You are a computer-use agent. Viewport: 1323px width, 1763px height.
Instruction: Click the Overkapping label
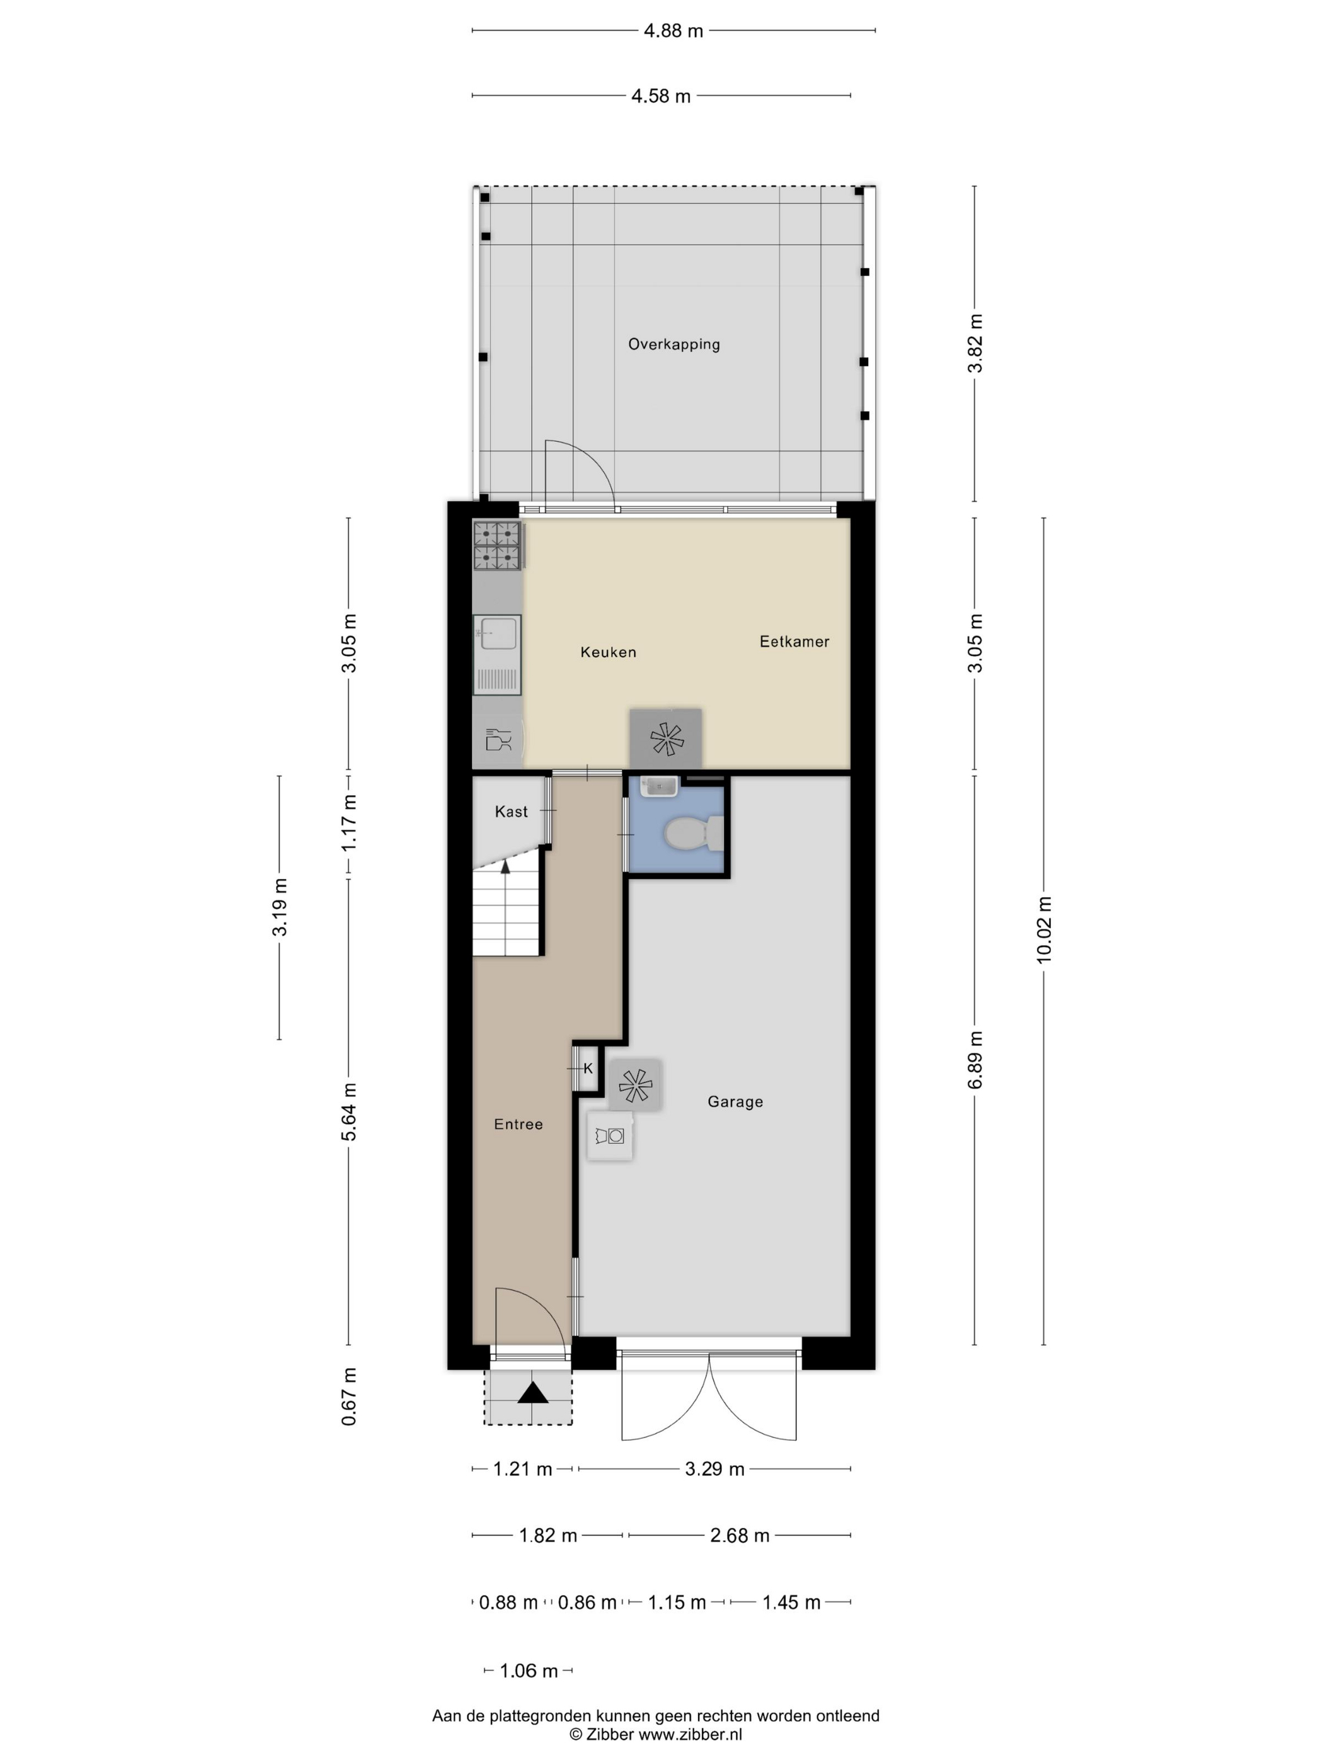pos(674,344)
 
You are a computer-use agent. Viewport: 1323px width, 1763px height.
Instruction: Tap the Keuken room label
pos(609,652)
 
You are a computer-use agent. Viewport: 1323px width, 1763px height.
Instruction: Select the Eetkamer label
pos(794,642)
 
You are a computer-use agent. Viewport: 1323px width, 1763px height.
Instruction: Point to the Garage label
pos(735,1101)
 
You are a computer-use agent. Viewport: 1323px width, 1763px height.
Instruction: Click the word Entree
pos(518,1124)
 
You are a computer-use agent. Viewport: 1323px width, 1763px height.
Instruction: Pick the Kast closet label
pos(511,812)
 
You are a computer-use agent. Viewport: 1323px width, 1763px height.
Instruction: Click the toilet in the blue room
pos(694,834)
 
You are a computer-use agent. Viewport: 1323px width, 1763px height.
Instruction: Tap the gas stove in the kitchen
pos(497,546)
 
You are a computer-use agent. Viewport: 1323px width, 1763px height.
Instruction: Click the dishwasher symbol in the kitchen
pos(498,740)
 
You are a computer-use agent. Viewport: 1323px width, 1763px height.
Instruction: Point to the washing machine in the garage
pos(610,1135)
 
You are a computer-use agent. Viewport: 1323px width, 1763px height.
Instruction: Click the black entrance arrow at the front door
pos(533,1392)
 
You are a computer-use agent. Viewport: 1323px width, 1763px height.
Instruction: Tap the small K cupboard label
pos(588,1069)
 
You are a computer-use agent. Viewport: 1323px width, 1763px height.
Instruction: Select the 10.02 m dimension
pos(1044,929)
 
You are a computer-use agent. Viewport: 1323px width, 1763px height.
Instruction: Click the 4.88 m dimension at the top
pos(674,31)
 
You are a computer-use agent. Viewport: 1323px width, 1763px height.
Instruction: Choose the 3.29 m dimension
pos(714,1469)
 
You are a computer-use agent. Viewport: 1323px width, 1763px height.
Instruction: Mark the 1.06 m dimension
pos(529,1670)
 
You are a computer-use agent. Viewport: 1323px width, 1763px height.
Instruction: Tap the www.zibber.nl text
pos(690,1733)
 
